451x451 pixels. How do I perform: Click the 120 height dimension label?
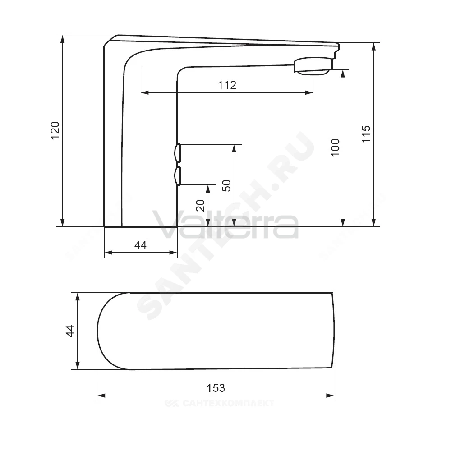[55, 131]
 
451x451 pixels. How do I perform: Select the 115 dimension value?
[366, 134]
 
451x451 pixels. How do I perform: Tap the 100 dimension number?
[336, 147]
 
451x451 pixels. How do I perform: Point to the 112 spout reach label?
[227, 85]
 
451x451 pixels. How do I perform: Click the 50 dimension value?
[227, 185]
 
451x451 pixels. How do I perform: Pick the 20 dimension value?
[200, 205]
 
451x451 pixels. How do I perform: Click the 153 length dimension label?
[216, 388]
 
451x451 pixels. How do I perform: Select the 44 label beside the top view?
[70, 331]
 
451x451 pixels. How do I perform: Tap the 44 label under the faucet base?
[140, 245]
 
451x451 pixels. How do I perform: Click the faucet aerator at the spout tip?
[313, 66]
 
